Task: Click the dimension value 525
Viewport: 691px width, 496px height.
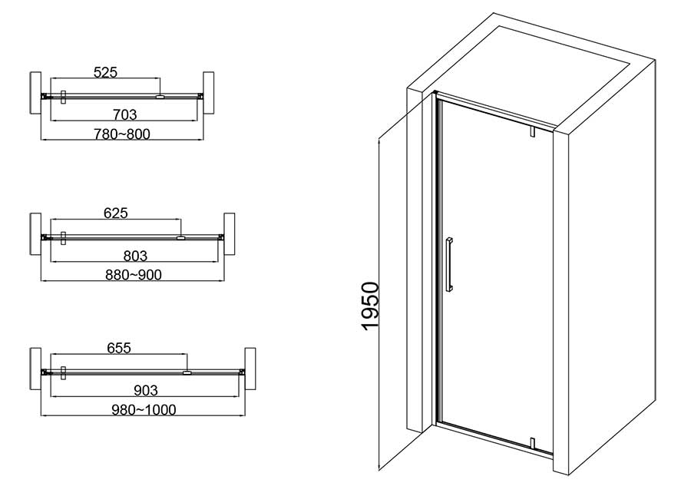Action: [x=106, y=72]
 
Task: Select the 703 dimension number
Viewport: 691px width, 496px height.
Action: [x=125, y=114]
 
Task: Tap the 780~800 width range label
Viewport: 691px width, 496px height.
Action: [x=122, y=134]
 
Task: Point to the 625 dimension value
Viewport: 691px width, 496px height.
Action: [x=116, y=213]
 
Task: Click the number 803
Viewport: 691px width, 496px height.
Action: [x=135, y=256]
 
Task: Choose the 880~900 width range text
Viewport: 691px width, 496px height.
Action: [x=134, y=275]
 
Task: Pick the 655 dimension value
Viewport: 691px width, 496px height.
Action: [x=120, y=348]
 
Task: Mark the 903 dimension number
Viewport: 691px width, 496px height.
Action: [x=145, y=390]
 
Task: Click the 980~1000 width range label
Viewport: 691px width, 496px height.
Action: [x=144, y=409]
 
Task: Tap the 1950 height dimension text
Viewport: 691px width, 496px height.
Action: [x=370, y=306]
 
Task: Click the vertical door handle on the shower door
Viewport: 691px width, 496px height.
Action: [x=448, y=265]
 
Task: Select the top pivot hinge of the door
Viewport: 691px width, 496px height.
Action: [x=532, y=131]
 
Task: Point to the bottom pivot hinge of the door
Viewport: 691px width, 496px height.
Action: [x=532, y=443]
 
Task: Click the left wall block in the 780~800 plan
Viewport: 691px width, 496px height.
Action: [x=35, y=93]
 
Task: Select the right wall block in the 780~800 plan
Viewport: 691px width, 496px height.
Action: [x=208, y=93]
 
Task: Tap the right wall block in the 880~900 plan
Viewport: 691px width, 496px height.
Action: [x=229, y=234]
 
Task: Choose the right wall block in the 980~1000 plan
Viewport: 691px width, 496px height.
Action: [x=250, y=369]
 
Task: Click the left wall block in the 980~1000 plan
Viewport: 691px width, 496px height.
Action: [x=35, y=369]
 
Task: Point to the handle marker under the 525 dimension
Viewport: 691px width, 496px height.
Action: [x=160, y=96]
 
